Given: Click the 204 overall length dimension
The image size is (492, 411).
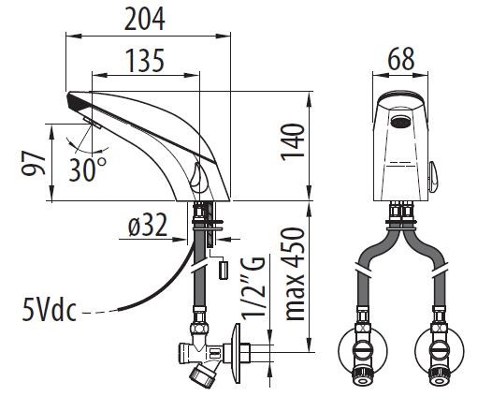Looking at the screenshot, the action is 145,19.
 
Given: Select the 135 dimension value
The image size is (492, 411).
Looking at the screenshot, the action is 145,60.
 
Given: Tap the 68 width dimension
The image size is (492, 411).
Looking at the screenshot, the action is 401,59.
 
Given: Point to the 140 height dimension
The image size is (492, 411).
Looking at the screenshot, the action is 293,142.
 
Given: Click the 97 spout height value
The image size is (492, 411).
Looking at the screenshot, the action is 34,163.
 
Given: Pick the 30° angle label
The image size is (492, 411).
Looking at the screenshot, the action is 88,169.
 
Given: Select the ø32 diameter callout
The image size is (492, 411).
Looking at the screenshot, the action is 148,225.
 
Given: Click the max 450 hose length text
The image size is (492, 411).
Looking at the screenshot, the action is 294,273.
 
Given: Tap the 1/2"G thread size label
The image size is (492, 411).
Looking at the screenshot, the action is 253,288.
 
